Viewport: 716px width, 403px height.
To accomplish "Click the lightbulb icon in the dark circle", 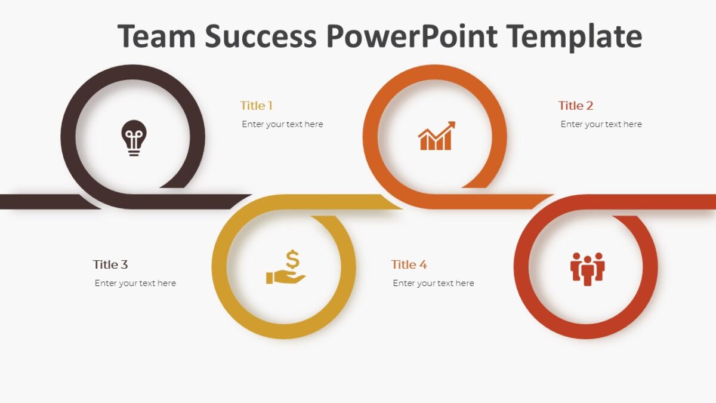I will [134, 138].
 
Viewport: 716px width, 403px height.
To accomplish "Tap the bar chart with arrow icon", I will [436, 136].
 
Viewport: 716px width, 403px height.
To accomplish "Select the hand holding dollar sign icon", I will [286, 268].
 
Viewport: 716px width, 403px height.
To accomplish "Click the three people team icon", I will [588, 269].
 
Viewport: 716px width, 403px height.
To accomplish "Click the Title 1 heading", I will [256, 106].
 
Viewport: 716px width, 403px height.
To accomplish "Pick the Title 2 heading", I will [575, 106].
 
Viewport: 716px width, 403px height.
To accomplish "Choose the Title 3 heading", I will [110, 264].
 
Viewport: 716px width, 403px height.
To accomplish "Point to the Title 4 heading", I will [409, 264].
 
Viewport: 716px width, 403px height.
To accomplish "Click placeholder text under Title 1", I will [282, 124].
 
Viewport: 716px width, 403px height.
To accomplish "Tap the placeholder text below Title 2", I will [601, 124].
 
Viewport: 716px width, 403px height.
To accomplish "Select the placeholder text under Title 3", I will [135, 283].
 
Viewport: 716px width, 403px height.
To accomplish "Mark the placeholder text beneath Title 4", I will [433, 283].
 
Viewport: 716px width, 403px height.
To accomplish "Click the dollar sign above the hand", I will [292, 260].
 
